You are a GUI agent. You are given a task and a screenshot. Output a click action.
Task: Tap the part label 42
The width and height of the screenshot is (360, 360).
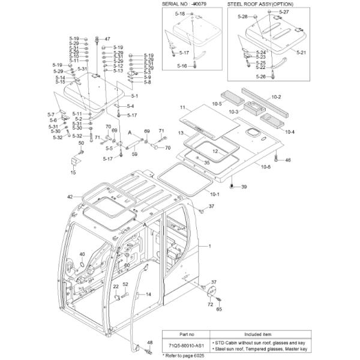[70, 197]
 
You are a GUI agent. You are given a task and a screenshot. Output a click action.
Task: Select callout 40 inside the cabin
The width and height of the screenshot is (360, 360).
[82, 254]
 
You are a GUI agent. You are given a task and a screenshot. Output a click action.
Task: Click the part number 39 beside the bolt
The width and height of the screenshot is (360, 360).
[244, 188]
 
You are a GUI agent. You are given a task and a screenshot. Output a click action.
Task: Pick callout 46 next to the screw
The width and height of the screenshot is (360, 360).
[287, 160]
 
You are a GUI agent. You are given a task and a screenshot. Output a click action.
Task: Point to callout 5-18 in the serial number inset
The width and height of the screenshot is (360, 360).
[180, 13]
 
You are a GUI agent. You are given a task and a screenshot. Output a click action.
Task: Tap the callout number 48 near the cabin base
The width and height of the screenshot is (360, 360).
[149, 343]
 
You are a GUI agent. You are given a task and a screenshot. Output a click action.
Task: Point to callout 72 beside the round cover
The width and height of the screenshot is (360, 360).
[211, 305]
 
